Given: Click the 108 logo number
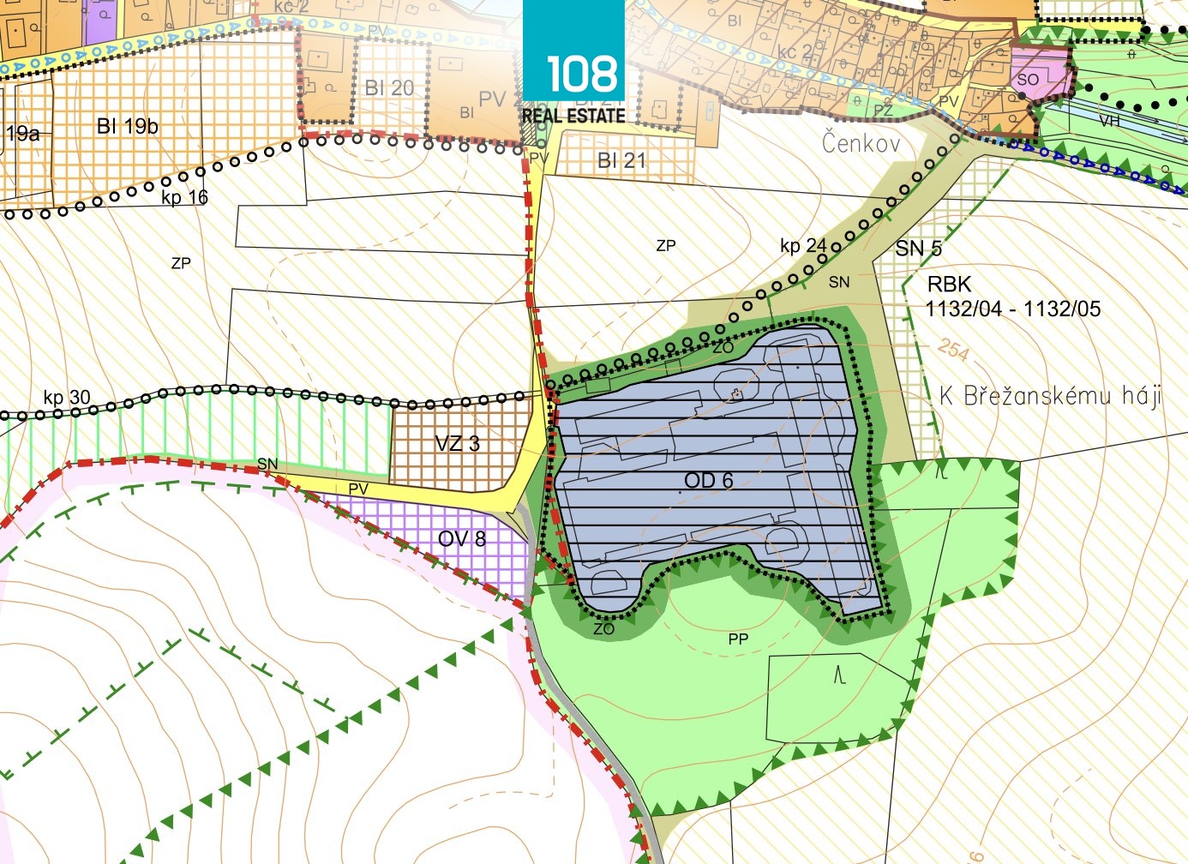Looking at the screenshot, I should (x=582, y=74).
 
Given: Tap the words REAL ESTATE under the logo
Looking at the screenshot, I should (x=573, y=116).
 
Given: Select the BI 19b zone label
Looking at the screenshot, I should (x=128, y=126).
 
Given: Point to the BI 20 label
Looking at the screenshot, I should (x=389, y=88).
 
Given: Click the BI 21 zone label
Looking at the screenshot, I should (x=621, y=160).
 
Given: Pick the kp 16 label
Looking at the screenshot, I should (x=184, y=197).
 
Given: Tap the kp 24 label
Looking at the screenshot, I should (x=803, y=246).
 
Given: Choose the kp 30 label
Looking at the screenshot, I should (x=67, y=398).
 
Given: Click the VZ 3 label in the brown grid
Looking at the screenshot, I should (x=457, y=443).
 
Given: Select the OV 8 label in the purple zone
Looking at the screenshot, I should (x=462, y=538).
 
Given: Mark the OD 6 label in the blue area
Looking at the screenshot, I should (x=709, y=480).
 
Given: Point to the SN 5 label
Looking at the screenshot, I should (x=918, y=249).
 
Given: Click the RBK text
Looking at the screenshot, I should (x=949, y=285).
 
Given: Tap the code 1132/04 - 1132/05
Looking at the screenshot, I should (x=1013, y=309).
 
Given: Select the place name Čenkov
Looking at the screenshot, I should (x=861, y=142).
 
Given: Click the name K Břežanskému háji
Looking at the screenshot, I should (x=1050, y=395).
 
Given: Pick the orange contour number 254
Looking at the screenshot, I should (x=953, y=349).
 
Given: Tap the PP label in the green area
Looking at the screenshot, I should (x=738, y=639).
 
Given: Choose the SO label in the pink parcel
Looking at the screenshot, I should (x=1029, y=80).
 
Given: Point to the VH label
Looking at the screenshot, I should (x=1109, y=121).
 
